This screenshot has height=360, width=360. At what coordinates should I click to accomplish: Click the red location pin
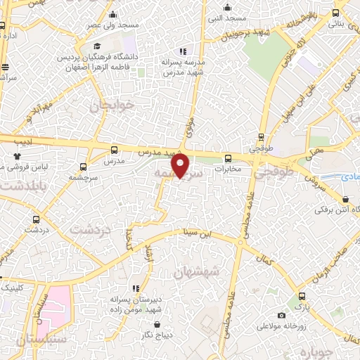pos(181,166)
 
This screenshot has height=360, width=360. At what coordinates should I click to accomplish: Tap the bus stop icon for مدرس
pos(114,150)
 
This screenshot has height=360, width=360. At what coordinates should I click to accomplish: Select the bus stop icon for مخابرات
pos(227,158)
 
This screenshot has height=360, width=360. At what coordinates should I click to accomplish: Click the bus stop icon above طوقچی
pos(262,137)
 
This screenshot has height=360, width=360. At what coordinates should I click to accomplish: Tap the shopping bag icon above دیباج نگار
pos(155,324)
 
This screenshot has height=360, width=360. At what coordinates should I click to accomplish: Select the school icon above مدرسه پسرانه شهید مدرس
pos(183,51)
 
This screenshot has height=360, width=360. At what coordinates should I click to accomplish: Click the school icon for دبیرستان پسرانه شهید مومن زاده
pos(135,288)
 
